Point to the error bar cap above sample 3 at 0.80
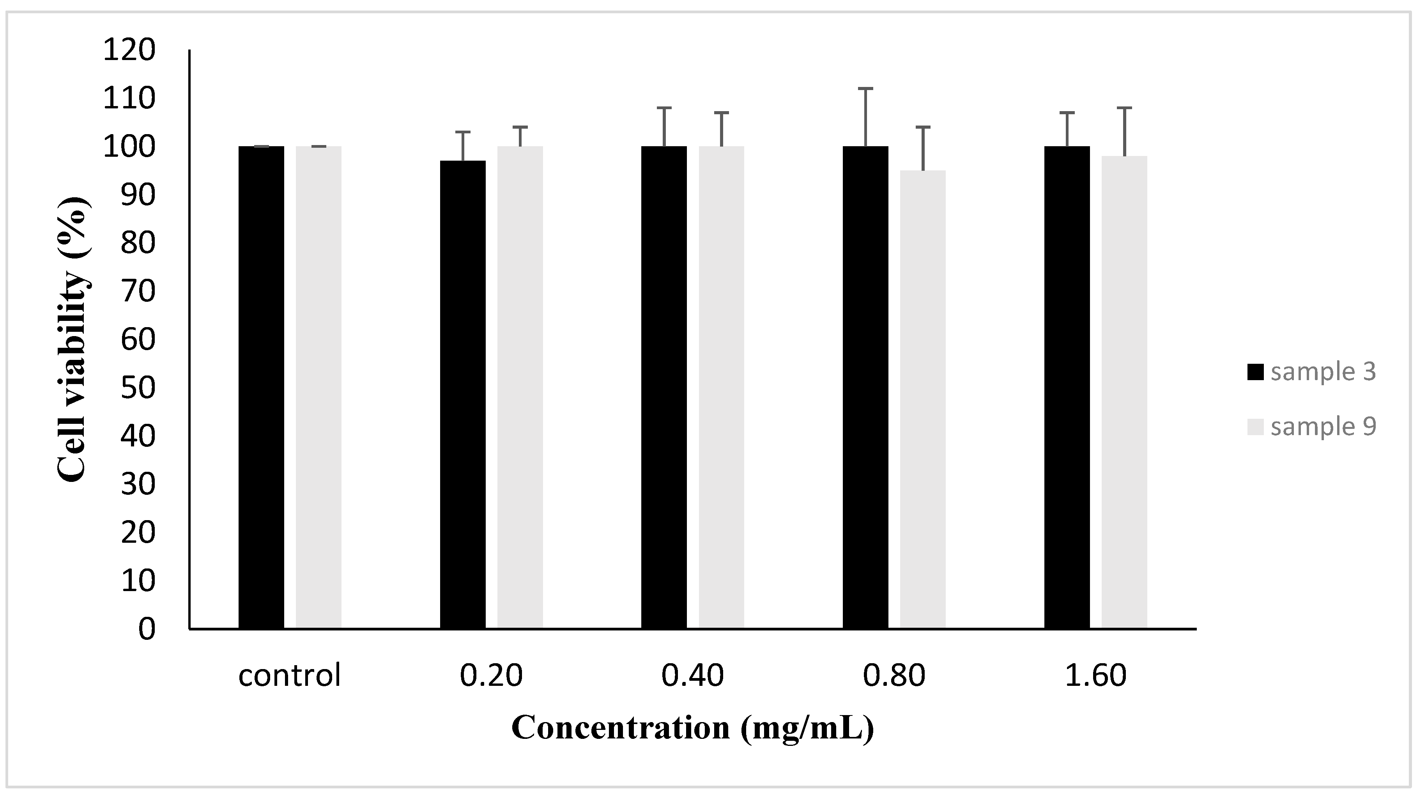point(865,89)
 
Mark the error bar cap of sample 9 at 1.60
point(1124,108)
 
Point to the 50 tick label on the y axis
point(138,388)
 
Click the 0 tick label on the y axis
point(147,629)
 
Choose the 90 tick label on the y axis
point(138,195)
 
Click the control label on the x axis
point(289,675)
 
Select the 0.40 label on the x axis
point(692,675)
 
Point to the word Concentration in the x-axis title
point(620,728)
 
